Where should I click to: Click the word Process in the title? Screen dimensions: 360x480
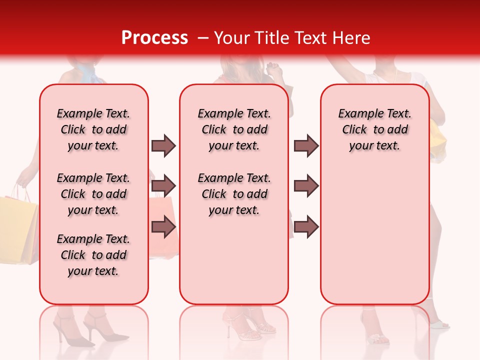tap(154, 37)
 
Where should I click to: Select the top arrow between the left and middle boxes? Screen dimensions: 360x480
tap(163, 145)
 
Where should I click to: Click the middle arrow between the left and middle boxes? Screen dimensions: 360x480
tap(163, 186)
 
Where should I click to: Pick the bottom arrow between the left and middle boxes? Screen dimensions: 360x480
tap(163, 226)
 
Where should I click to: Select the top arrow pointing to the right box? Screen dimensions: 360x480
tap(306, 145)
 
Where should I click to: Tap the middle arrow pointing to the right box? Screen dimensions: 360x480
tap(306, 186)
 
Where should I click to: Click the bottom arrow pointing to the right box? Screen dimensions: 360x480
tap(306, 226)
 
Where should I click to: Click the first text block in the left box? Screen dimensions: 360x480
tap(93, 129)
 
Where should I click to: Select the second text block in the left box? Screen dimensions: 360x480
tap(93, 194)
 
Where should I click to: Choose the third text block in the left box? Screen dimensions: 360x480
tap(93, 255)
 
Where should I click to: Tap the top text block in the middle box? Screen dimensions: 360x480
tap(234, 129)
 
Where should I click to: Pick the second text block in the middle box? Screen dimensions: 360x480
tap(234, 194)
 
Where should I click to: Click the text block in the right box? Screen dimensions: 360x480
tap(374, 129)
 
